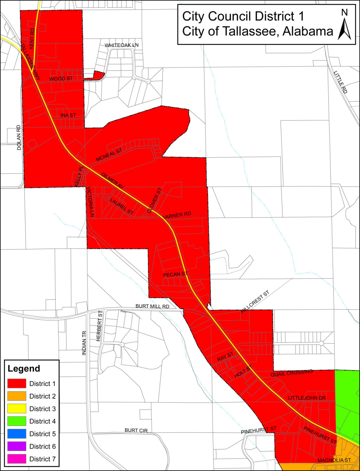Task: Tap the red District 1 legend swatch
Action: click(x=17, y=383)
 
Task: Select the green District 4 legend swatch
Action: click(x=17, y=421)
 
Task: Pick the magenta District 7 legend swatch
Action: click(x=17, y=459)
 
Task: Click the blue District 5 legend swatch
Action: click(x=17, y=434)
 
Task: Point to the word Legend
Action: click(x=24, y=369)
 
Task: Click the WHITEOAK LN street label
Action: click(x=121, y=45)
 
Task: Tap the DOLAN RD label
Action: click(x=19, y=137)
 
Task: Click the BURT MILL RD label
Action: click(x=152, y=306)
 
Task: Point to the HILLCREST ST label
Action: click(x=255, y=302)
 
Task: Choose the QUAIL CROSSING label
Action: click(x=292, y=373)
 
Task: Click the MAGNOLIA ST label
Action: click(x=334, y=460)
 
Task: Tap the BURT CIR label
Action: click(x=136, y=430)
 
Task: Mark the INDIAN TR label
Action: click(x=84, y=343)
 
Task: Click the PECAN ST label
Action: click(x=175, y=274)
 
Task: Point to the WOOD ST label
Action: click(x=61, y=79)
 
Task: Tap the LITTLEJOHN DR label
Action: click(x=307, y=398)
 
